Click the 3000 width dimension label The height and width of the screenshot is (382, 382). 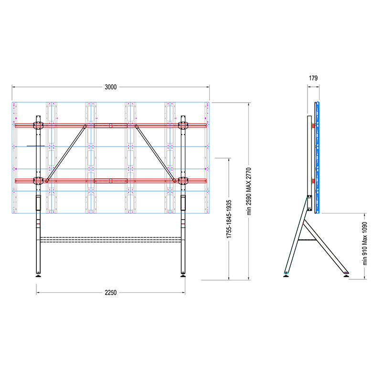pyautogui.click(x=111, y=87)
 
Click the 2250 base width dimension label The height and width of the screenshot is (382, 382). pyautogui.click(x=111, y=293)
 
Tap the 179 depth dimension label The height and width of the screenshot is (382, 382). pyautogui.click(x=313, y=78)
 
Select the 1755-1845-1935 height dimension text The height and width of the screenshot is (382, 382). pyautogui.click(x=229, y=219)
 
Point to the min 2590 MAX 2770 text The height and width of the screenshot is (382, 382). pyautogui.click(x=249, y=191)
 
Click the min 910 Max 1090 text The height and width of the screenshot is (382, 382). pyautogui.click(x=365, y=244)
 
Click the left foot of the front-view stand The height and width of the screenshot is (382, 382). pyautogui.click(x=38, y=276)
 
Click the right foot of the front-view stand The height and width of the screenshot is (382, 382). pyautogui.click(x=183, y=276)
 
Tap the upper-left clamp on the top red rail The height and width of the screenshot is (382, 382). pyautogui.click(x=38, y=126)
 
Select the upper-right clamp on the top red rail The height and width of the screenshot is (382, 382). pyautogui.click(x=183, y=126)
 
